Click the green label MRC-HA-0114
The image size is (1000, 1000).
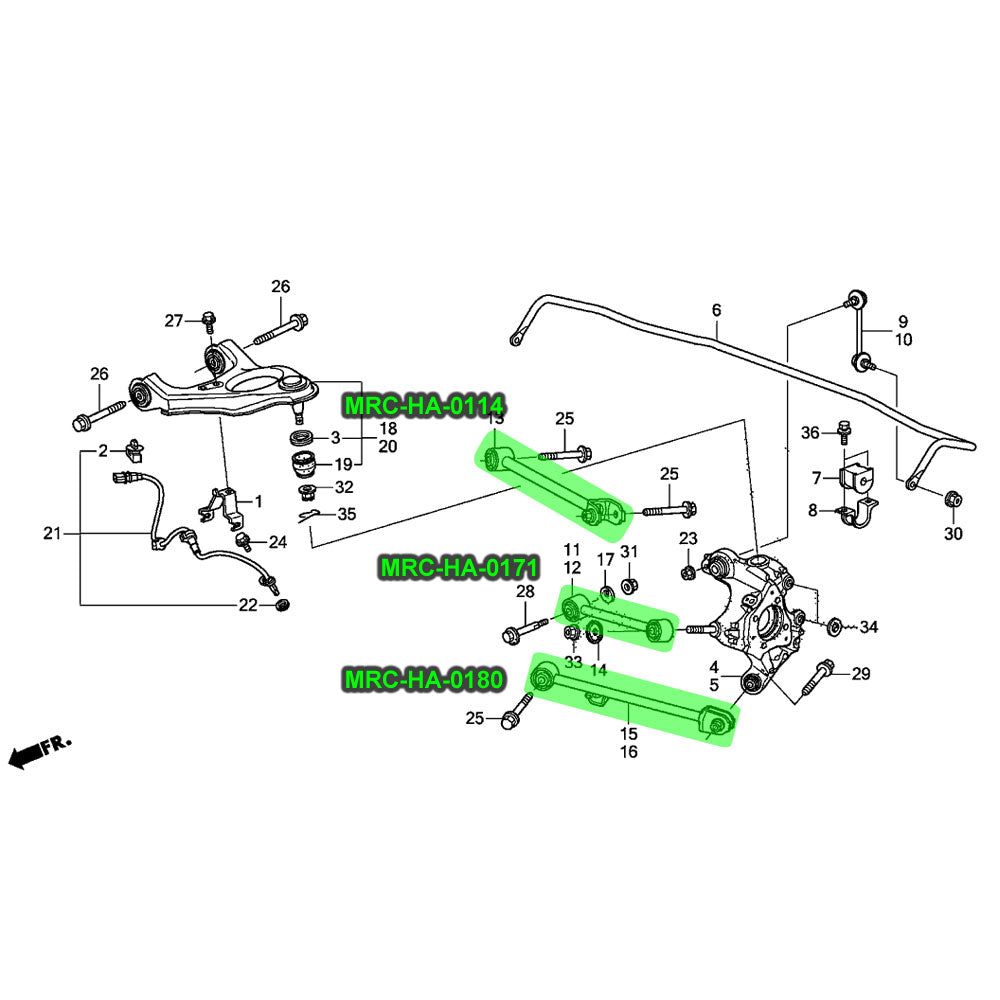tap(423, 405)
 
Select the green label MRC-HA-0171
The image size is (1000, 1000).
tap(459, 569)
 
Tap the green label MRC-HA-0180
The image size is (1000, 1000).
tap(423, 679)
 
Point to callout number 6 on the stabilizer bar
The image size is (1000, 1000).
tap(716, 311)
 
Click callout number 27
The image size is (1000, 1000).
tap(174, 320)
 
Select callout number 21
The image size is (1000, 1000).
tap(52, 534)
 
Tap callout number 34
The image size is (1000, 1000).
tap(868, 628)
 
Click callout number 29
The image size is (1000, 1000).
tap(861, 674)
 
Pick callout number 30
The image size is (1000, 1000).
tap(953, 534)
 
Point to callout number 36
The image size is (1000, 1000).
tap(810, 432)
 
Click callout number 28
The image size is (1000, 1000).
tap(525, 593)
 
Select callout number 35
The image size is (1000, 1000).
tap(346, 515)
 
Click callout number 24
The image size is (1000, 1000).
tap(277, 543)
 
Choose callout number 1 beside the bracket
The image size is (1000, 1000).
tap(258, 500)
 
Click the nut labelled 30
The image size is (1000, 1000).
tap(953, 498)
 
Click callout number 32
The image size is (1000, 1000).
tap(344, 488)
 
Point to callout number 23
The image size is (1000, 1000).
tap(688, 539)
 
